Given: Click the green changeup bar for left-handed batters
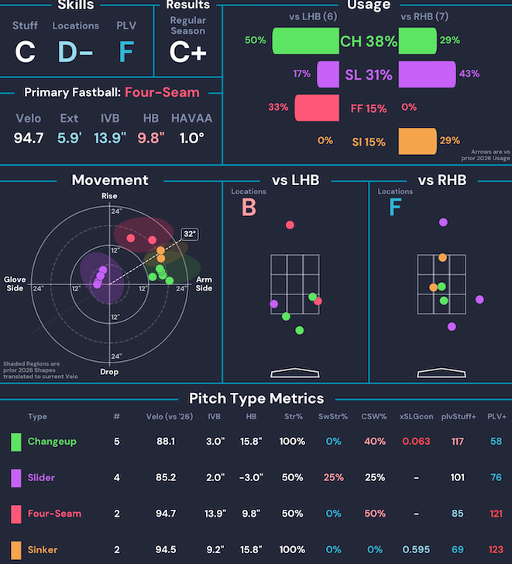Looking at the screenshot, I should point(306,41).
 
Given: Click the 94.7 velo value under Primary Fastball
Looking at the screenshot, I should point(29,139).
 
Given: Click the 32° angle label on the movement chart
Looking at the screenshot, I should point(191,233).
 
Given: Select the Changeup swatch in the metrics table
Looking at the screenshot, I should point(15,442).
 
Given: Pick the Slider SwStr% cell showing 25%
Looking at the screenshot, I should point(333,477).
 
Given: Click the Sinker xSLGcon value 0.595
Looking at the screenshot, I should point(416,550).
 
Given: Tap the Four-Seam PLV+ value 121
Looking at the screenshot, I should point(497,514).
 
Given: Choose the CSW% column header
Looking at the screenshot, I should point(374,417).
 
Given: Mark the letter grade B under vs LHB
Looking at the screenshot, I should point(248,208).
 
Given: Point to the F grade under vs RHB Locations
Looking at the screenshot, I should point(395,208).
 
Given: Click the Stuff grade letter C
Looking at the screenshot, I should point(25,52).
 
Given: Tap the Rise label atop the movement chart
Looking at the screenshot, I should point(109,196).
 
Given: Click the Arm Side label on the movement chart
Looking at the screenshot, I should point(204,284).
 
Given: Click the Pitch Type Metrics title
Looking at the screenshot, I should point(256,398).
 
